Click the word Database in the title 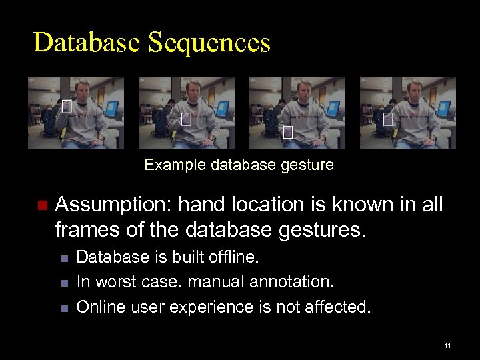[x=86, y=42]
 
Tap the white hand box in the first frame [x=65, y=105]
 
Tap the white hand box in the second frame [x=185, y=121]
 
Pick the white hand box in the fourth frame [x=387, y=120]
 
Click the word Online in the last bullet [x=98, y=307]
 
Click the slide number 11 [x=447, y=345]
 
